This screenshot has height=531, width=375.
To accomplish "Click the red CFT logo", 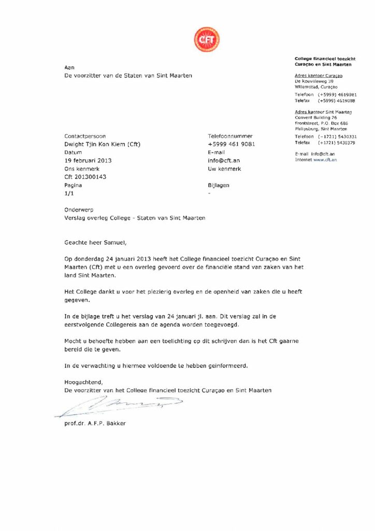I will point(207,40).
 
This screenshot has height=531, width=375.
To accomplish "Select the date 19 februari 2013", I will point(88,161).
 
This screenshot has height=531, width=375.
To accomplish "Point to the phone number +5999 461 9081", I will point(231,144).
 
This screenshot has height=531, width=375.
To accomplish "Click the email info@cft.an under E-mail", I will point(224,161).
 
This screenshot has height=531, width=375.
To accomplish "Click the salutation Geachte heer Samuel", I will point(95,242).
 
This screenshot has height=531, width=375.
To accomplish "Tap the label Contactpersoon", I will point(84,136).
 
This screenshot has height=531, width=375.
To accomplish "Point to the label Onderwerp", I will point(78,210).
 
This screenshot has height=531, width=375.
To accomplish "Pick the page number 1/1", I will point(69,193).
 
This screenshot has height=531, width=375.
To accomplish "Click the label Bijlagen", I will point(218,185).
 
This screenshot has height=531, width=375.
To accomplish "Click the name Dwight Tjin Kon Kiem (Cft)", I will point(102,144).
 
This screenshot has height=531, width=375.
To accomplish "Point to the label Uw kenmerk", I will point(224,169).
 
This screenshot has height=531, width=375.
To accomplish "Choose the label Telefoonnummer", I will point(230,136).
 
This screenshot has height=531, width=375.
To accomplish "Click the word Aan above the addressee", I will point(69,67).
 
